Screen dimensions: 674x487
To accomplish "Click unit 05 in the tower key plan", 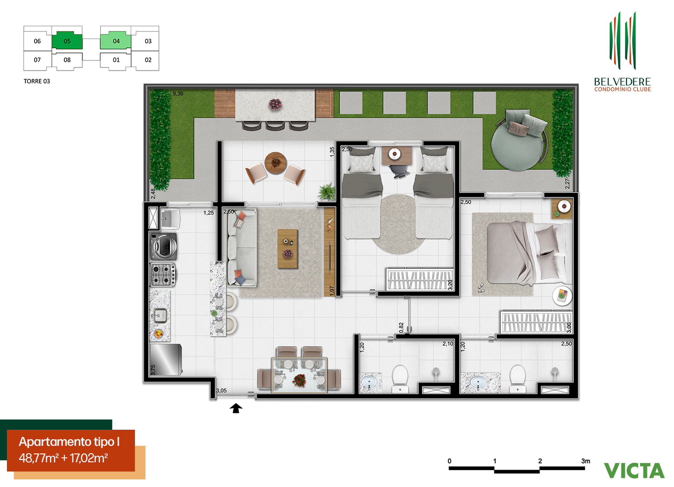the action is pyautogui.click(x=67, y=41).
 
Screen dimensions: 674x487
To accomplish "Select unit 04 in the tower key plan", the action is pyautogui.click(x=116, y=41).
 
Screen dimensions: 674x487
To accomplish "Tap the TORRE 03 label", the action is pyautogui.click(x=37, y=81).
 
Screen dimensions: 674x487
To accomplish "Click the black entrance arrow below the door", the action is pyautogui.click(x=236, y=408).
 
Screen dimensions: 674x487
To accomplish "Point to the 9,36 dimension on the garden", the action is pyautogui.click(x=178, y=94).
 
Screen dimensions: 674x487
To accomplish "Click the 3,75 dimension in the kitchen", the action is pyautogui.click(x=153, y=370).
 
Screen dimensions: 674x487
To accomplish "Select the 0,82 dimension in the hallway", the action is pyautogui.click(x=401, y=327).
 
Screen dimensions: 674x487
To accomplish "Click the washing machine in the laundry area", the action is pyautogui.click(x=163, y=247).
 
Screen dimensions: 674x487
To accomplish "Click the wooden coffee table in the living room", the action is pyautogui.click(x=287, y=249).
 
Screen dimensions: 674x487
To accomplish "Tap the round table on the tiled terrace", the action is pyautogui.click(x=276, y=163).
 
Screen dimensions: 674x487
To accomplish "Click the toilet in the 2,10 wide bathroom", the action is pyautogui.click(x=400, y=379).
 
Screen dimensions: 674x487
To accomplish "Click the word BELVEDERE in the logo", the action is pyautogui.click(x=622, y=82).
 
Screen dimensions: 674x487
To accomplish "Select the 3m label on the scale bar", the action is pyautogui.click(x=585, y=461).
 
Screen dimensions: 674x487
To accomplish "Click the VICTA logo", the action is pyautogui.click(x=634, y=471).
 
